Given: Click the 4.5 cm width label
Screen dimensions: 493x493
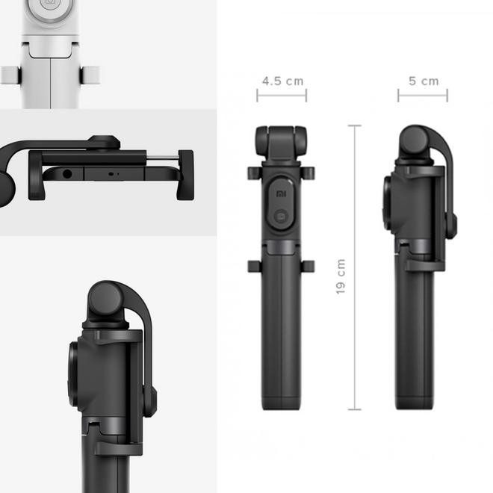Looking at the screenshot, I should (282, 81).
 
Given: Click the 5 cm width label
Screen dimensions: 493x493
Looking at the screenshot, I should (423, 81).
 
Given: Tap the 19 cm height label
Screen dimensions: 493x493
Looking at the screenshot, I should (341, 276).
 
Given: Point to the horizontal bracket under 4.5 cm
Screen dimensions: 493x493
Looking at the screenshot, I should (282, 96).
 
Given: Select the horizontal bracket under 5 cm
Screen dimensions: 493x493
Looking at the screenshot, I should (423, 96).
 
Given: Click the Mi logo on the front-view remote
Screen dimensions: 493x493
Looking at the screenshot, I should (281, 193).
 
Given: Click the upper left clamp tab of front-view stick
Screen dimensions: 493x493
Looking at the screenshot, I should (252, 173).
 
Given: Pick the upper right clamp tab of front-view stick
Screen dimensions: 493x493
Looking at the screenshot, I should (309, 173).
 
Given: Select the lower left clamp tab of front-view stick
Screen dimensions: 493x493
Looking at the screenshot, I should (252, 266).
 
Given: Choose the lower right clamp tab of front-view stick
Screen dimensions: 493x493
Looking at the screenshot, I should (309, 266).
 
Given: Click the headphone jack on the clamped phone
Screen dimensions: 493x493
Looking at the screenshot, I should (69, 173).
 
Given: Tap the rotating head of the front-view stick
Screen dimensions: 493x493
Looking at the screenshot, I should (281, 142).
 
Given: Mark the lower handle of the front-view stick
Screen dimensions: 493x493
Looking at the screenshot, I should (281, 336).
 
